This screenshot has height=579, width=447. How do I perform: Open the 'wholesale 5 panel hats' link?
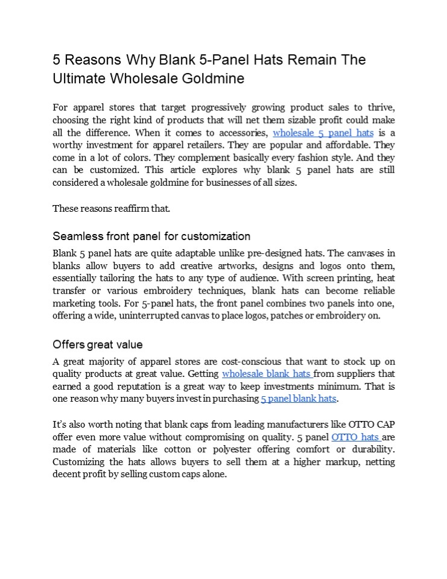pos(323,133)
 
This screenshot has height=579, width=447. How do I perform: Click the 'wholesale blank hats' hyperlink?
pos(267,374)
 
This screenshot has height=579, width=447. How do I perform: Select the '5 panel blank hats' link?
pos(298,399)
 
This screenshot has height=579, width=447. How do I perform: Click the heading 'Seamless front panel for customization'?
pos(151,236)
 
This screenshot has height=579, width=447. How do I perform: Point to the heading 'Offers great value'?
pos(98,345)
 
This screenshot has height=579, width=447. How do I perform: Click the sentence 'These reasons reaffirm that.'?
pos(112,209)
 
